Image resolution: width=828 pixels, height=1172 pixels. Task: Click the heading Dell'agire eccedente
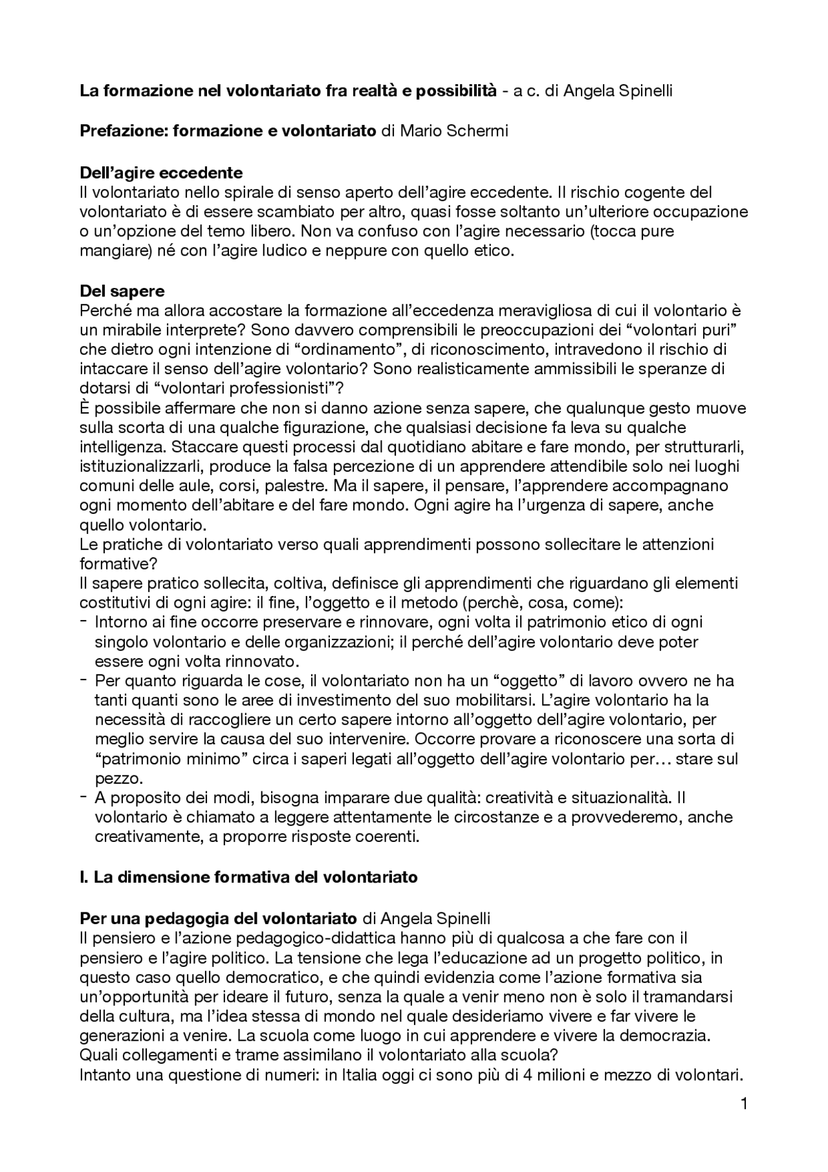pyautogui.click(x=160, y=173)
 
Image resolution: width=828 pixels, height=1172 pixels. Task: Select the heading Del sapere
pyautogui.click(x=122, y=291)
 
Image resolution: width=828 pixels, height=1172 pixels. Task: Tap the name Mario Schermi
pyautogui.click(x=453, y=131)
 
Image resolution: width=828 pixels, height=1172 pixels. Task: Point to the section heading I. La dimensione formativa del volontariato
pyautogui.click(x=249, y=878)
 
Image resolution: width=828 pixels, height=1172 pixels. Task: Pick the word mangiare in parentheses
pyautogui.click(x=109, y=251)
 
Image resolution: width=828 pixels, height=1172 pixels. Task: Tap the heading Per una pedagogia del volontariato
pyautogui.click(x=218, y=918)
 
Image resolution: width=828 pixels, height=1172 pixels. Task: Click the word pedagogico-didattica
pyautogui.click(x=309, y=938)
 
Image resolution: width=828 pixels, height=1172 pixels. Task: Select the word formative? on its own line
pyautogui.click(x=114, y=564)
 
